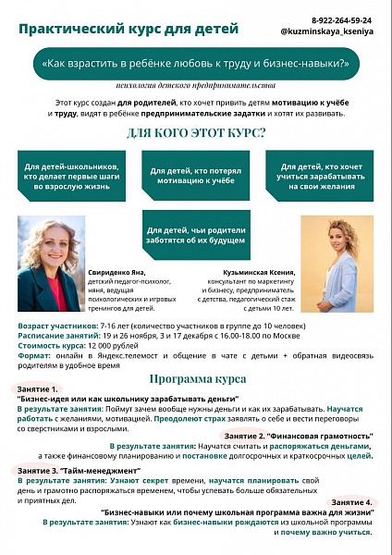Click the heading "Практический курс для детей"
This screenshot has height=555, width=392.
(x=129, y=28)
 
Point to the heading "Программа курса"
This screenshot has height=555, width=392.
(x=195, y=377)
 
